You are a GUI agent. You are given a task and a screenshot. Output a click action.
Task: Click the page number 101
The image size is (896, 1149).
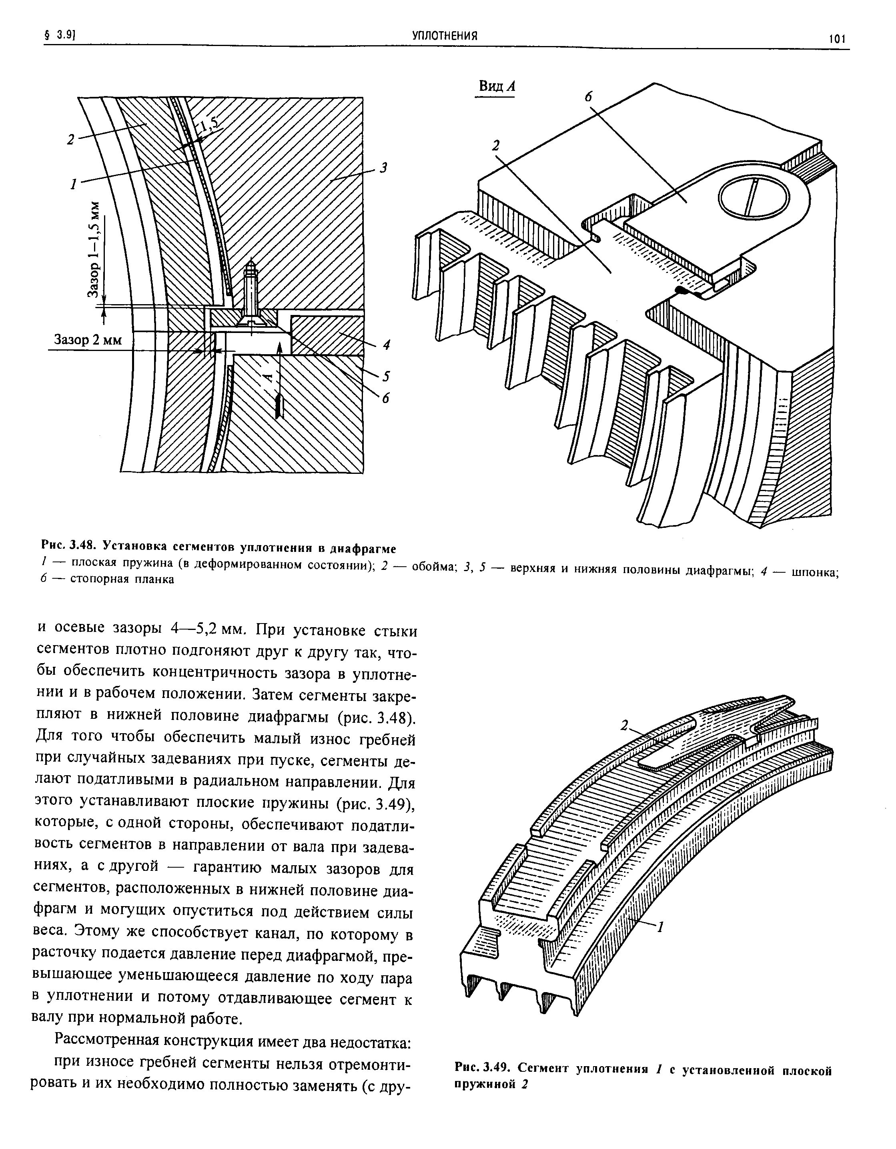point(836,40)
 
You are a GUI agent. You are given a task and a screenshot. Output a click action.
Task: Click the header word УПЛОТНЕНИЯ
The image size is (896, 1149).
point(445,36)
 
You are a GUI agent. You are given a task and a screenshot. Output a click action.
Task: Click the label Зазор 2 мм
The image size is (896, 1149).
point(88,341)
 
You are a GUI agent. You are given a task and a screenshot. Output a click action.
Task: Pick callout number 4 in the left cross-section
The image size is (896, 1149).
point(386,345)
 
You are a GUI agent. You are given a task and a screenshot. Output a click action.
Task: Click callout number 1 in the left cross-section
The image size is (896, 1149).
point(74,184)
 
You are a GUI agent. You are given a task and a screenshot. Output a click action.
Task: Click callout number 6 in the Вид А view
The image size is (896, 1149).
point(588,97)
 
